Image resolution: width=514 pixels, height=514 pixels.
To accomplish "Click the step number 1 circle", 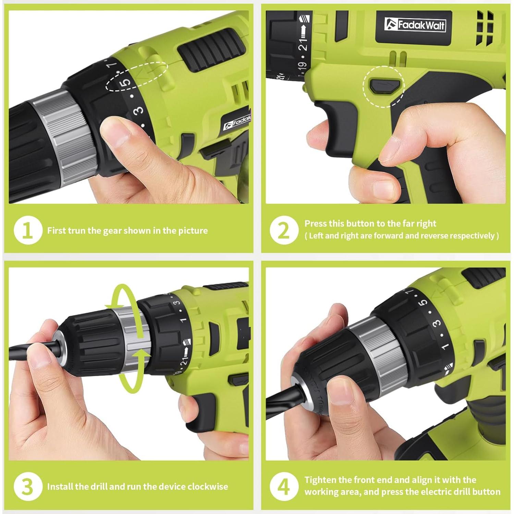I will [28, 230].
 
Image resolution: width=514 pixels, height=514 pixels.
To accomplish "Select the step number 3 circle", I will [28, 487].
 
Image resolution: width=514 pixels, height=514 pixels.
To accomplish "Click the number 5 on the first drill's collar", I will [126, 83].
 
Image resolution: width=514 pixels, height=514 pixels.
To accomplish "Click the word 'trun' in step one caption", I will [76, 231].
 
